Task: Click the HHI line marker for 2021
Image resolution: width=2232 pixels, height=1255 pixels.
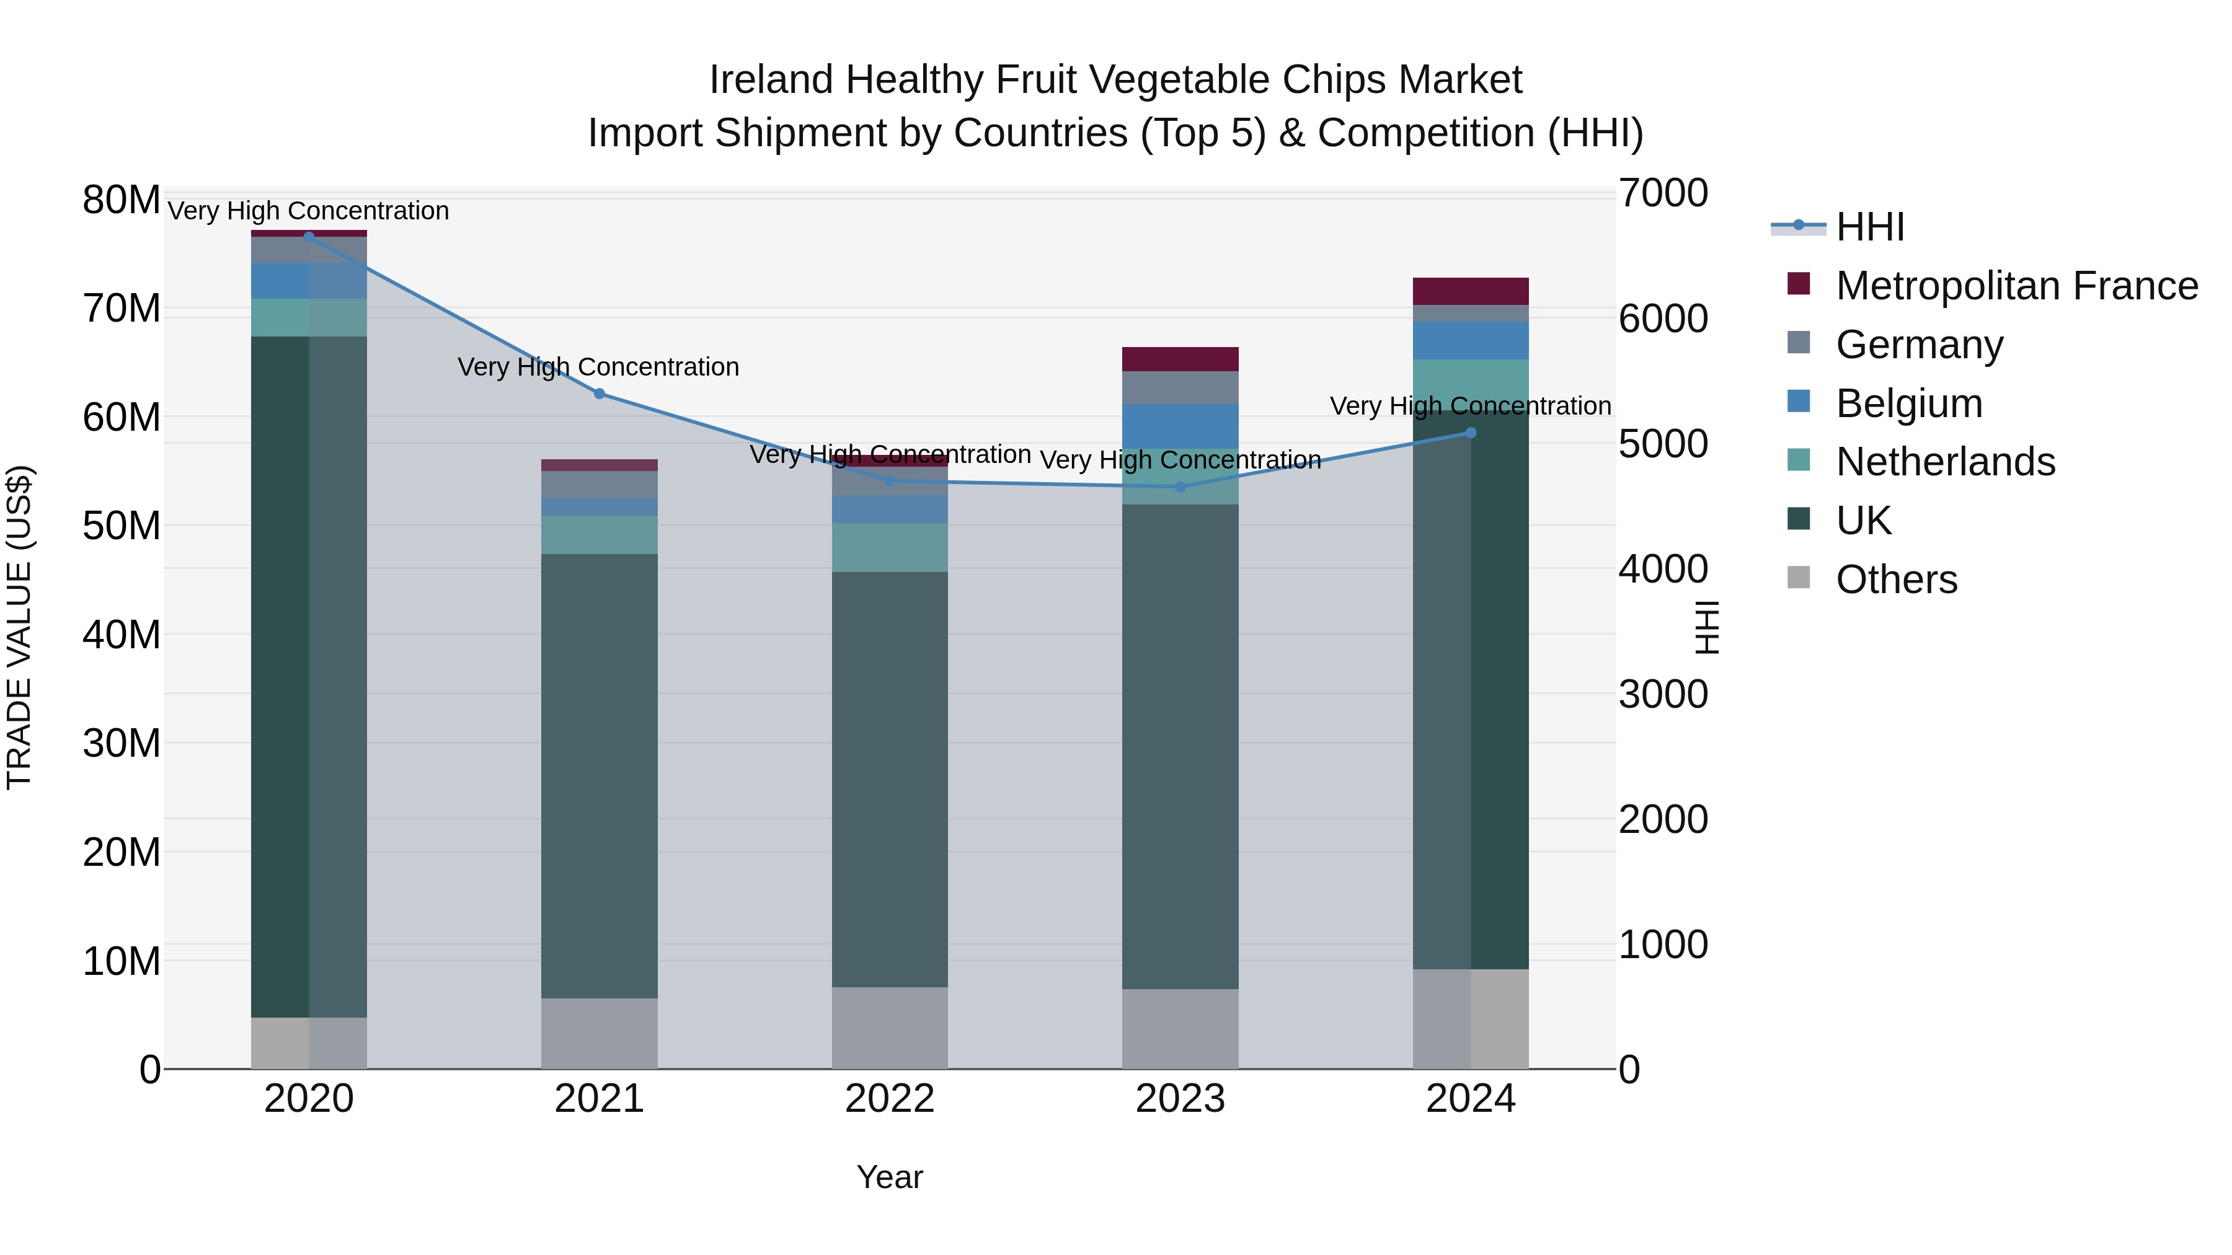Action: [599, 394]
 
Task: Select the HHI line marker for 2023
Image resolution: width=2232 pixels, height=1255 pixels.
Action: [1180, 487]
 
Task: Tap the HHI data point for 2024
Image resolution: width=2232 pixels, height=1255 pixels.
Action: [1471, 433]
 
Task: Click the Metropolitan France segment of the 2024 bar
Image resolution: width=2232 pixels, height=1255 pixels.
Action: [1471, 291]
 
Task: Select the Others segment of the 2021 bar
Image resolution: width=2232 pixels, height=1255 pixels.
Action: [599, 1033]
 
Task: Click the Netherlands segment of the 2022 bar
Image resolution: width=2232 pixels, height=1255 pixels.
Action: [890, 547]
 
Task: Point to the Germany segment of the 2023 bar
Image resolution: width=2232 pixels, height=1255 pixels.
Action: [1180, 387]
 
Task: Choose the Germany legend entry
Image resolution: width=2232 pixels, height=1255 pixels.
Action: [1918, 345]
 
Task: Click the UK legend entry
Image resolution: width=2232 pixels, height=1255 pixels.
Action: [1863, 521]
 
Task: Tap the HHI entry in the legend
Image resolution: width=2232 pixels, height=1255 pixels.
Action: [1870, 227]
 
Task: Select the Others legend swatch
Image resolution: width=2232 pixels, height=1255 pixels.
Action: [1799, 578]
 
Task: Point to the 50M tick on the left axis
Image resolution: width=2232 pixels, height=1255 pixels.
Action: [122, 526]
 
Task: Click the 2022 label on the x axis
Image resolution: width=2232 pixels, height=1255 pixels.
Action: [890, 1099]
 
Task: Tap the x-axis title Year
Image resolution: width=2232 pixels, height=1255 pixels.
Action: [890, 1177]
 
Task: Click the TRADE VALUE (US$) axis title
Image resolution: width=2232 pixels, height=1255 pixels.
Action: [19, 627]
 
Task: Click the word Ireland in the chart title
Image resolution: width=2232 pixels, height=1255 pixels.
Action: [771, 80]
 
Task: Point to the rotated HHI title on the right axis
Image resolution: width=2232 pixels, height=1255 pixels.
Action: [1705, 627]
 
